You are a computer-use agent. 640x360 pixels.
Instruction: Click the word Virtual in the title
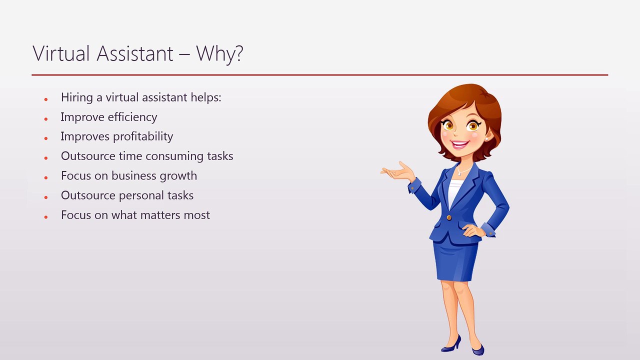coord(60,53)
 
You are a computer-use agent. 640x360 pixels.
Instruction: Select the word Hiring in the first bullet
coord(76,97)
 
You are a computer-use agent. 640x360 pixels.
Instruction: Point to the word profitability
coord(143,136)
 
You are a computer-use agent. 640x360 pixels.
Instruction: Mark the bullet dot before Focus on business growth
coord(45,177)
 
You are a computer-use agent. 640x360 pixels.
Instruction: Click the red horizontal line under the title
coord(320,75)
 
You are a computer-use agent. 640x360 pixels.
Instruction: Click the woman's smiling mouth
coord(460,144)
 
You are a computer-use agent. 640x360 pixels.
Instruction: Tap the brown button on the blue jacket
coord(448,217)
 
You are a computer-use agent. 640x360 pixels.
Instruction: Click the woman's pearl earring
coord(485,139)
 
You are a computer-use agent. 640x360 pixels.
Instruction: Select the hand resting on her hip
coord(471,230)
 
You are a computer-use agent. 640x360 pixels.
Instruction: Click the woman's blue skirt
coord(456,260)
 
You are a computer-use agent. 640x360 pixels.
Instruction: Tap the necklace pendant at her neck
coord(457,174)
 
